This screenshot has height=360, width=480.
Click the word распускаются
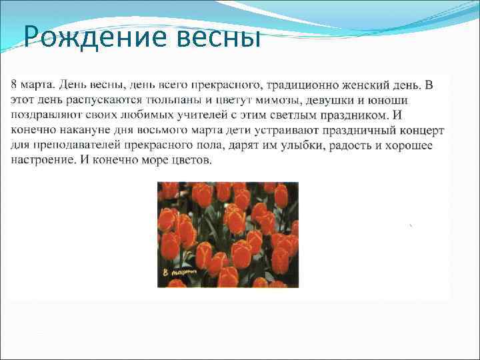[100, 99]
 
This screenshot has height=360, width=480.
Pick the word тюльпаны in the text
[163, 99]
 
